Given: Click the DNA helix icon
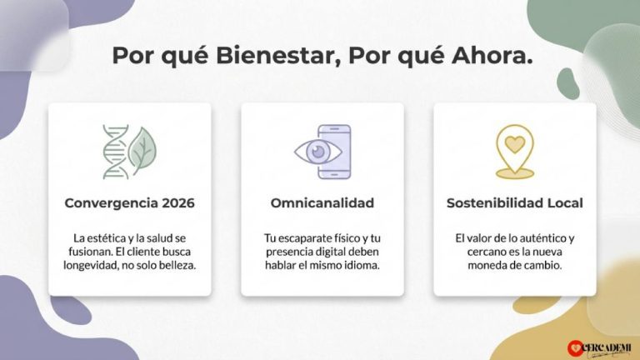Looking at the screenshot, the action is [x=116, y=152].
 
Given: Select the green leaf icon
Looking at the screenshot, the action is [x=142, y=149].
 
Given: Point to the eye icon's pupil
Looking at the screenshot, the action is [x=318, y=152].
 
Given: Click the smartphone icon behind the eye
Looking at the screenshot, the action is [x=334, y=152].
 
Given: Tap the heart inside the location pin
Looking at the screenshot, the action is [x=515, y=144].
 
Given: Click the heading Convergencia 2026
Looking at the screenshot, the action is [x=130, y=202].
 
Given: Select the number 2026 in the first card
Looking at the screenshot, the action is [x=178, y=202].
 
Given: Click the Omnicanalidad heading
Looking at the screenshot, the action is [x=322, y=202].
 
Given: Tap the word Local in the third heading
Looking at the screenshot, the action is [x=565, y=202].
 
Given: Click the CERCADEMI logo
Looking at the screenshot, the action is [x=599, y=347].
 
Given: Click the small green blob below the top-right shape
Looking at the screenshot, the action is [x=568, y=83].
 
